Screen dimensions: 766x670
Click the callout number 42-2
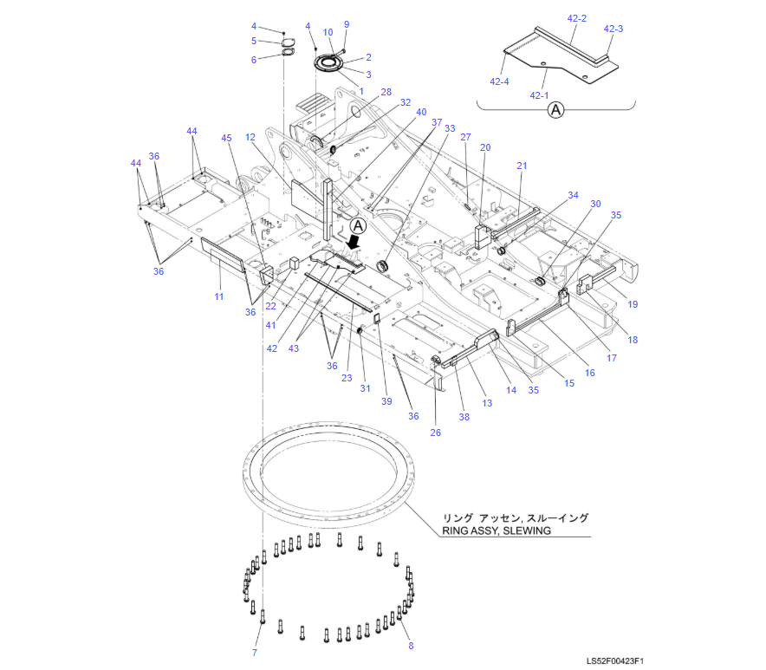click(x=576, y=18)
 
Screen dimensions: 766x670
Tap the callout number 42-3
click(x=613, y=29)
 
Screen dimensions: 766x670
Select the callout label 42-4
click(x=499, y=81)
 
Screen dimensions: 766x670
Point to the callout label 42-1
click(x=539, y=96)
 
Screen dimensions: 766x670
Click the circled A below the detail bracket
click(x=555, y=109)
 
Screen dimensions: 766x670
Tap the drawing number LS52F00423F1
click(x=614, y=661)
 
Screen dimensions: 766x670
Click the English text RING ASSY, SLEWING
click(x=497, y=530)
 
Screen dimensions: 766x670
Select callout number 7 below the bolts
click(x=255, y=653)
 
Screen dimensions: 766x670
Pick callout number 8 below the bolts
click(x=411, y=646)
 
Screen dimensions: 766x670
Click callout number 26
click(x=435, y=433)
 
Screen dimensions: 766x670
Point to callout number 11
click(x=219, y=296)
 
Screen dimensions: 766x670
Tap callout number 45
click(x=226, y=138)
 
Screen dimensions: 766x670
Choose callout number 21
click(x=522, y=166)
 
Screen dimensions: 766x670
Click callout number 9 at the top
click(x=347, y=24)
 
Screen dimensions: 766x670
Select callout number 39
click(x=386, y=401)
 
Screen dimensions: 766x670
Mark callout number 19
click(x=633, y=304)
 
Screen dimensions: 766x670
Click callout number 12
click(x=250, y=137)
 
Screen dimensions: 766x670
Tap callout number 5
click(x=254, y=41)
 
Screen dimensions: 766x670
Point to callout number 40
click(x=421, y=112)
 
